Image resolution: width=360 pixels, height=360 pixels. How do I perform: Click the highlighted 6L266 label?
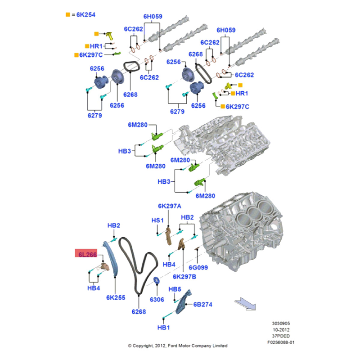click(85, 255)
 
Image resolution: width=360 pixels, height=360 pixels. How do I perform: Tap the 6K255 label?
click(116, 297)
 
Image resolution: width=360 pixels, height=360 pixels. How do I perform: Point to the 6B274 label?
click(203, 305)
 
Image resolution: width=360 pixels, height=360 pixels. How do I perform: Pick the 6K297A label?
click(169, 206)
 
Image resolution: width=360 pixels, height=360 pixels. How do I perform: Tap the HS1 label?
click(157, 220)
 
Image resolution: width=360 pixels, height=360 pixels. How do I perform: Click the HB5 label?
click(175, 289)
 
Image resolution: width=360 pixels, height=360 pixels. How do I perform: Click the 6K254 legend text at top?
click(85, 14)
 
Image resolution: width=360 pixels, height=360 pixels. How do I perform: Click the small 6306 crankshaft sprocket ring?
click(157, 282)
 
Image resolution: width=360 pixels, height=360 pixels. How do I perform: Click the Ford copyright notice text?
click(178, 346)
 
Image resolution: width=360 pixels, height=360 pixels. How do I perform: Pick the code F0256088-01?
click(280, 342)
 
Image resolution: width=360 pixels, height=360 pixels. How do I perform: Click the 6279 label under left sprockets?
click(94, 115)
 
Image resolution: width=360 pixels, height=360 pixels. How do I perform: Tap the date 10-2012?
click(281, 329)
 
